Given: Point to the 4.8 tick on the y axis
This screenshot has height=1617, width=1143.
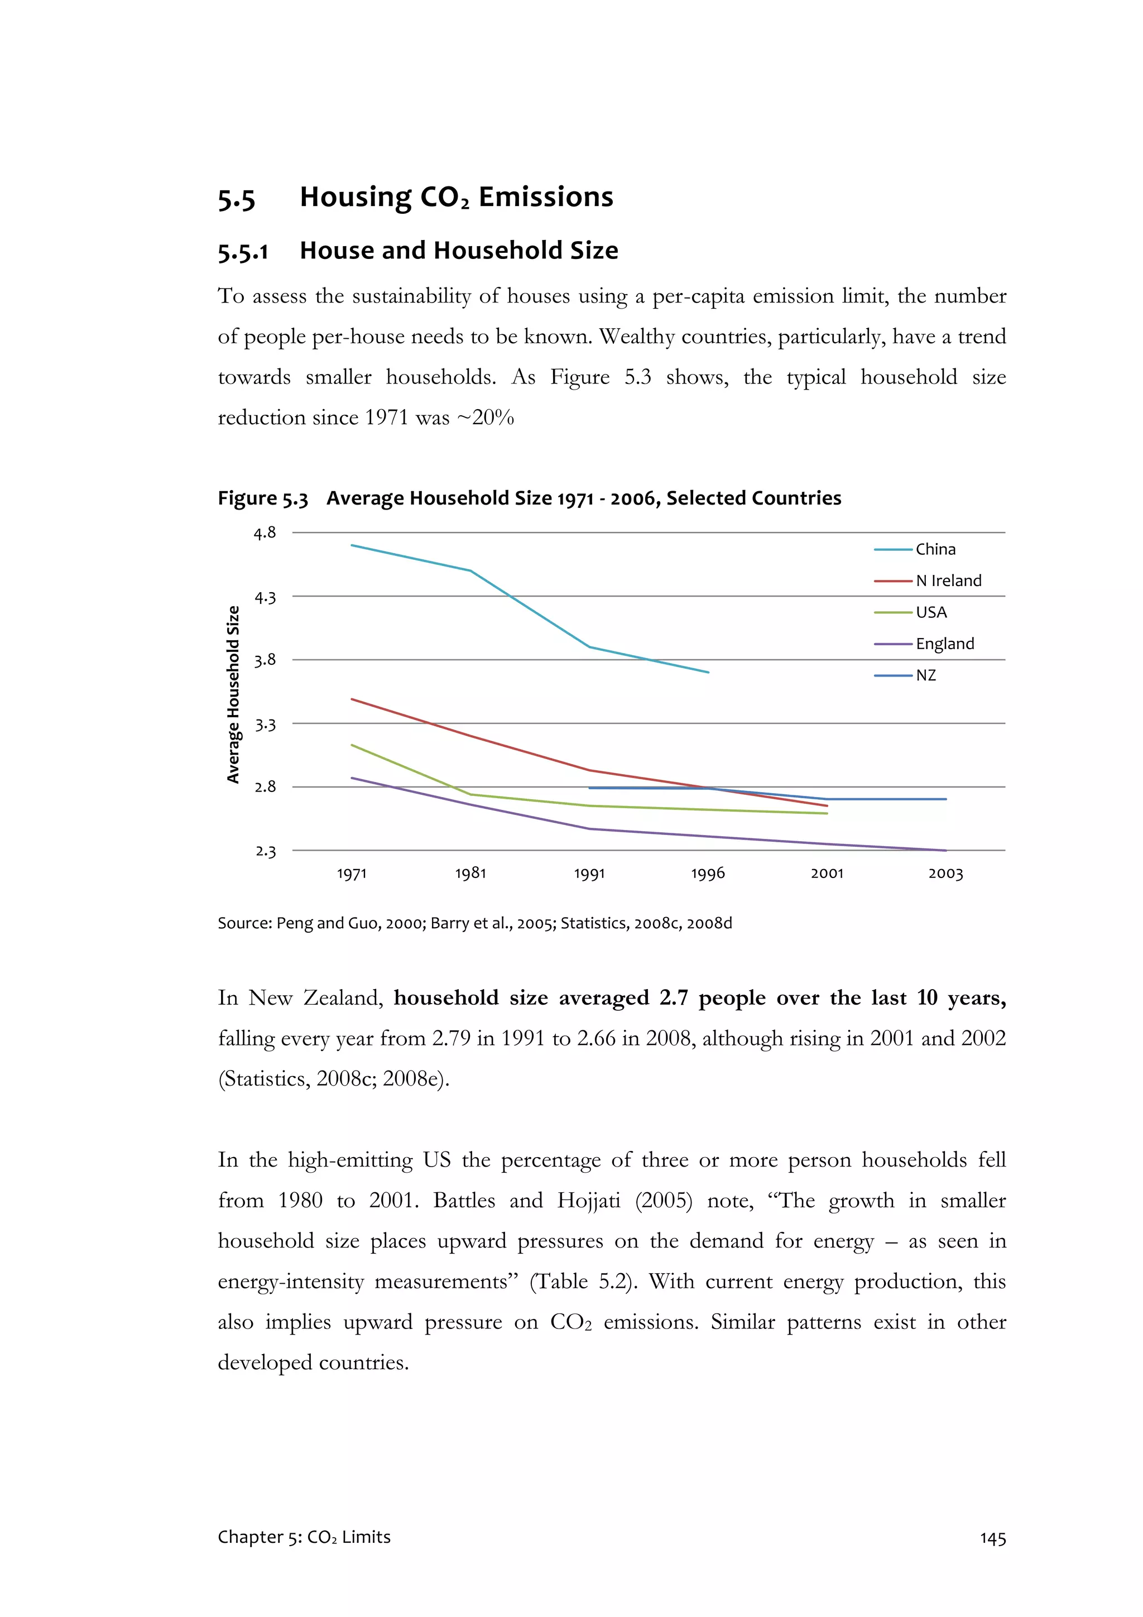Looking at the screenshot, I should point(265,533).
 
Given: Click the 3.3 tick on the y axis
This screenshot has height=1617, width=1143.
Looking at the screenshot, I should point(265,724).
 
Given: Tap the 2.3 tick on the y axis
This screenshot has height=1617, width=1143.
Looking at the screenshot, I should point(265,851).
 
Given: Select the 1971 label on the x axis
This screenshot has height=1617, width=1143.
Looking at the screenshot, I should point(352,874).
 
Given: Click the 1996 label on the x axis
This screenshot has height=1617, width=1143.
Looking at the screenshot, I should point(708,874).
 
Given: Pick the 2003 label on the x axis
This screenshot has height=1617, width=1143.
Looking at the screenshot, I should point(945,874).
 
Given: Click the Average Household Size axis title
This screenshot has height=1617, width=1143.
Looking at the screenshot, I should point(233,694).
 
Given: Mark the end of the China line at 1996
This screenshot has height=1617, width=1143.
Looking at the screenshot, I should point(708,673).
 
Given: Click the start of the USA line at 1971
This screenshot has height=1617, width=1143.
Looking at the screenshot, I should point(352,745).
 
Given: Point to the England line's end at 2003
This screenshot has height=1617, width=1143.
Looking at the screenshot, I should point(945,851).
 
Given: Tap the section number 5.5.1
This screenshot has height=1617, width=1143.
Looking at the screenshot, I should point(243,251).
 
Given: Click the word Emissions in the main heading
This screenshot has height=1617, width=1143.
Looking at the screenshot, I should point(546,197).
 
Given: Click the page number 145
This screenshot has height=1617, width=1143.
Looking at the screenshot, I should point(992,1539).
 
